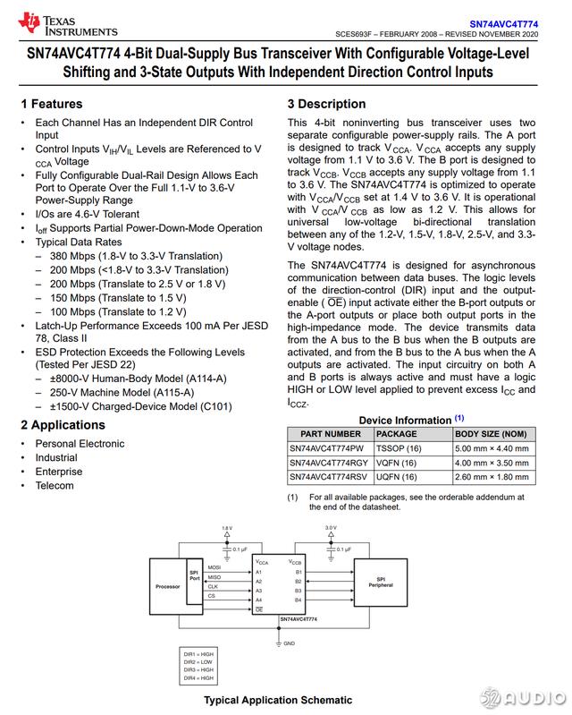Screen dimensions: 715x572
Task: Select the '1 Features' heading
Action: [x=51, y=104]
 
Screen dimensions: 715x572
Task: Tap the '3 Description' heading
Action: [x=326, y=104]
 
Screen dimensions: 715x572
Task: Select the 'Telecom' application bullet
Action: [x=55, y=486]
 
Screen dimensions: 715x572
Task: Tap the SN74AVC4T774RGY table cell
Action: [x=328, y=462]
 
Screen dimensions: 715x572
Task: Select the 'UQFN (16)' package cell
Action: [x=396, y=477]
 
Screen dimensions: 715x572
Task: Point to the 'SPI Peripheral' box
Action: [x=380, y=583]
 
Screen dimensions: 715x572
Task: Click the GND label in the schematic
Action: [x=289, y=643]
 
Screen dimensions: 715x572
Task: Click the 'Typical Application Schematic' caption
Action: [x=277, y=700]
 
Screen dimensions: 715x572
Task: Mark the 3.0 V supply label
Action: [x=330, y=528]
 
